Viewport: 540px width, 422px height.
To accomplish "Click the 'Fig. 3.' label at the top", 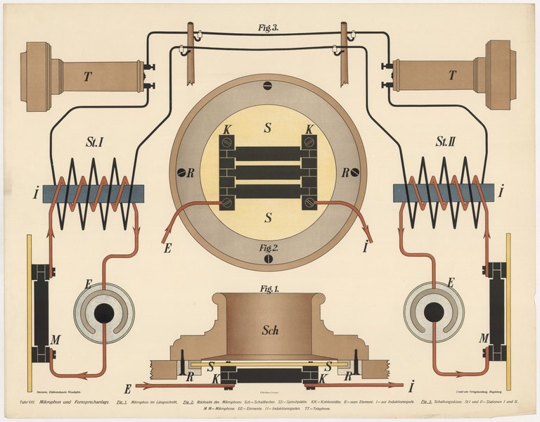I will pos(269,29).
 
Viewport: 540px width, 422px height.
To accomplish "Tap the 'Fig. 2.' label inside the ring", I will pos(268,248).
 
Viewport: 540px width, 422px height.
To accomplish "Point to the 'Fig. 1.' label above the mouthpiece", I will pos(269,289).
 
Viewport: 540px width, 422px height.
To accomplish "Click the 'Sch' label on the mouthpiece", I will pos(271,330).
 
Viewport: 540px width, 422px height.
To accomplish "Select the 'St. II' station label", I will pos(446,143).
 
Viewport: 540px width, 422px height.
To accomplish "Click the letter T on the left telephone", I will pos(87,77).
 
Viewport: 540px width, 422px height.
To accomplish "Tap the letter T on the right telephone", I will pos(451,75).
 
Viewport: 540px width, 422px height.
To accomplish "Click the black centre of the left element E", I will pos(104,314).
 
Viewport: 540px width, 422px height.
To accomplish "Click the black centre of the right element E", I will pos(434,312).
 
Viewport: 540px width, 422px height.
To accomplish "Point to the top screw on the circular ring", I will pos(267,86).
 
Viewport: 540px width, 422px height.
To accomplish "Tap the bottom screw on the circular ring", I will pos(267,259).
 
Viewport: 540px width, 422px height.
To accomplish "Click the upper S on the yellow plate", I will pos(267,129).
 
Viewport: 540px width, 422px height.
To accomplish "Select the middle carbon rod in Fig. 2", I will pos(267,172).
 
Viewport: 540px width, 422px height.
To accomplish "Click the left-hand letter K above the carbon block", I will pos(226,129).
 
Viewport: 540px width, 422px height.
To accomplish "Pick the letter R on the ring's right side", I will pos(345,172).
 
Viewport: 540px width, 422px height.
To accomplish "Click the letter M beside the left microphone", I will pos(55,340).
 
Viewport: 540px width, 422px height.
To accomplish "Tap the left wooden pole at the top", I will pos(191,53).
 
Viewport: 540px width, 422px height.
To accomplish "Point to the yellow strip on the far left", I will pos(30,309).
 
